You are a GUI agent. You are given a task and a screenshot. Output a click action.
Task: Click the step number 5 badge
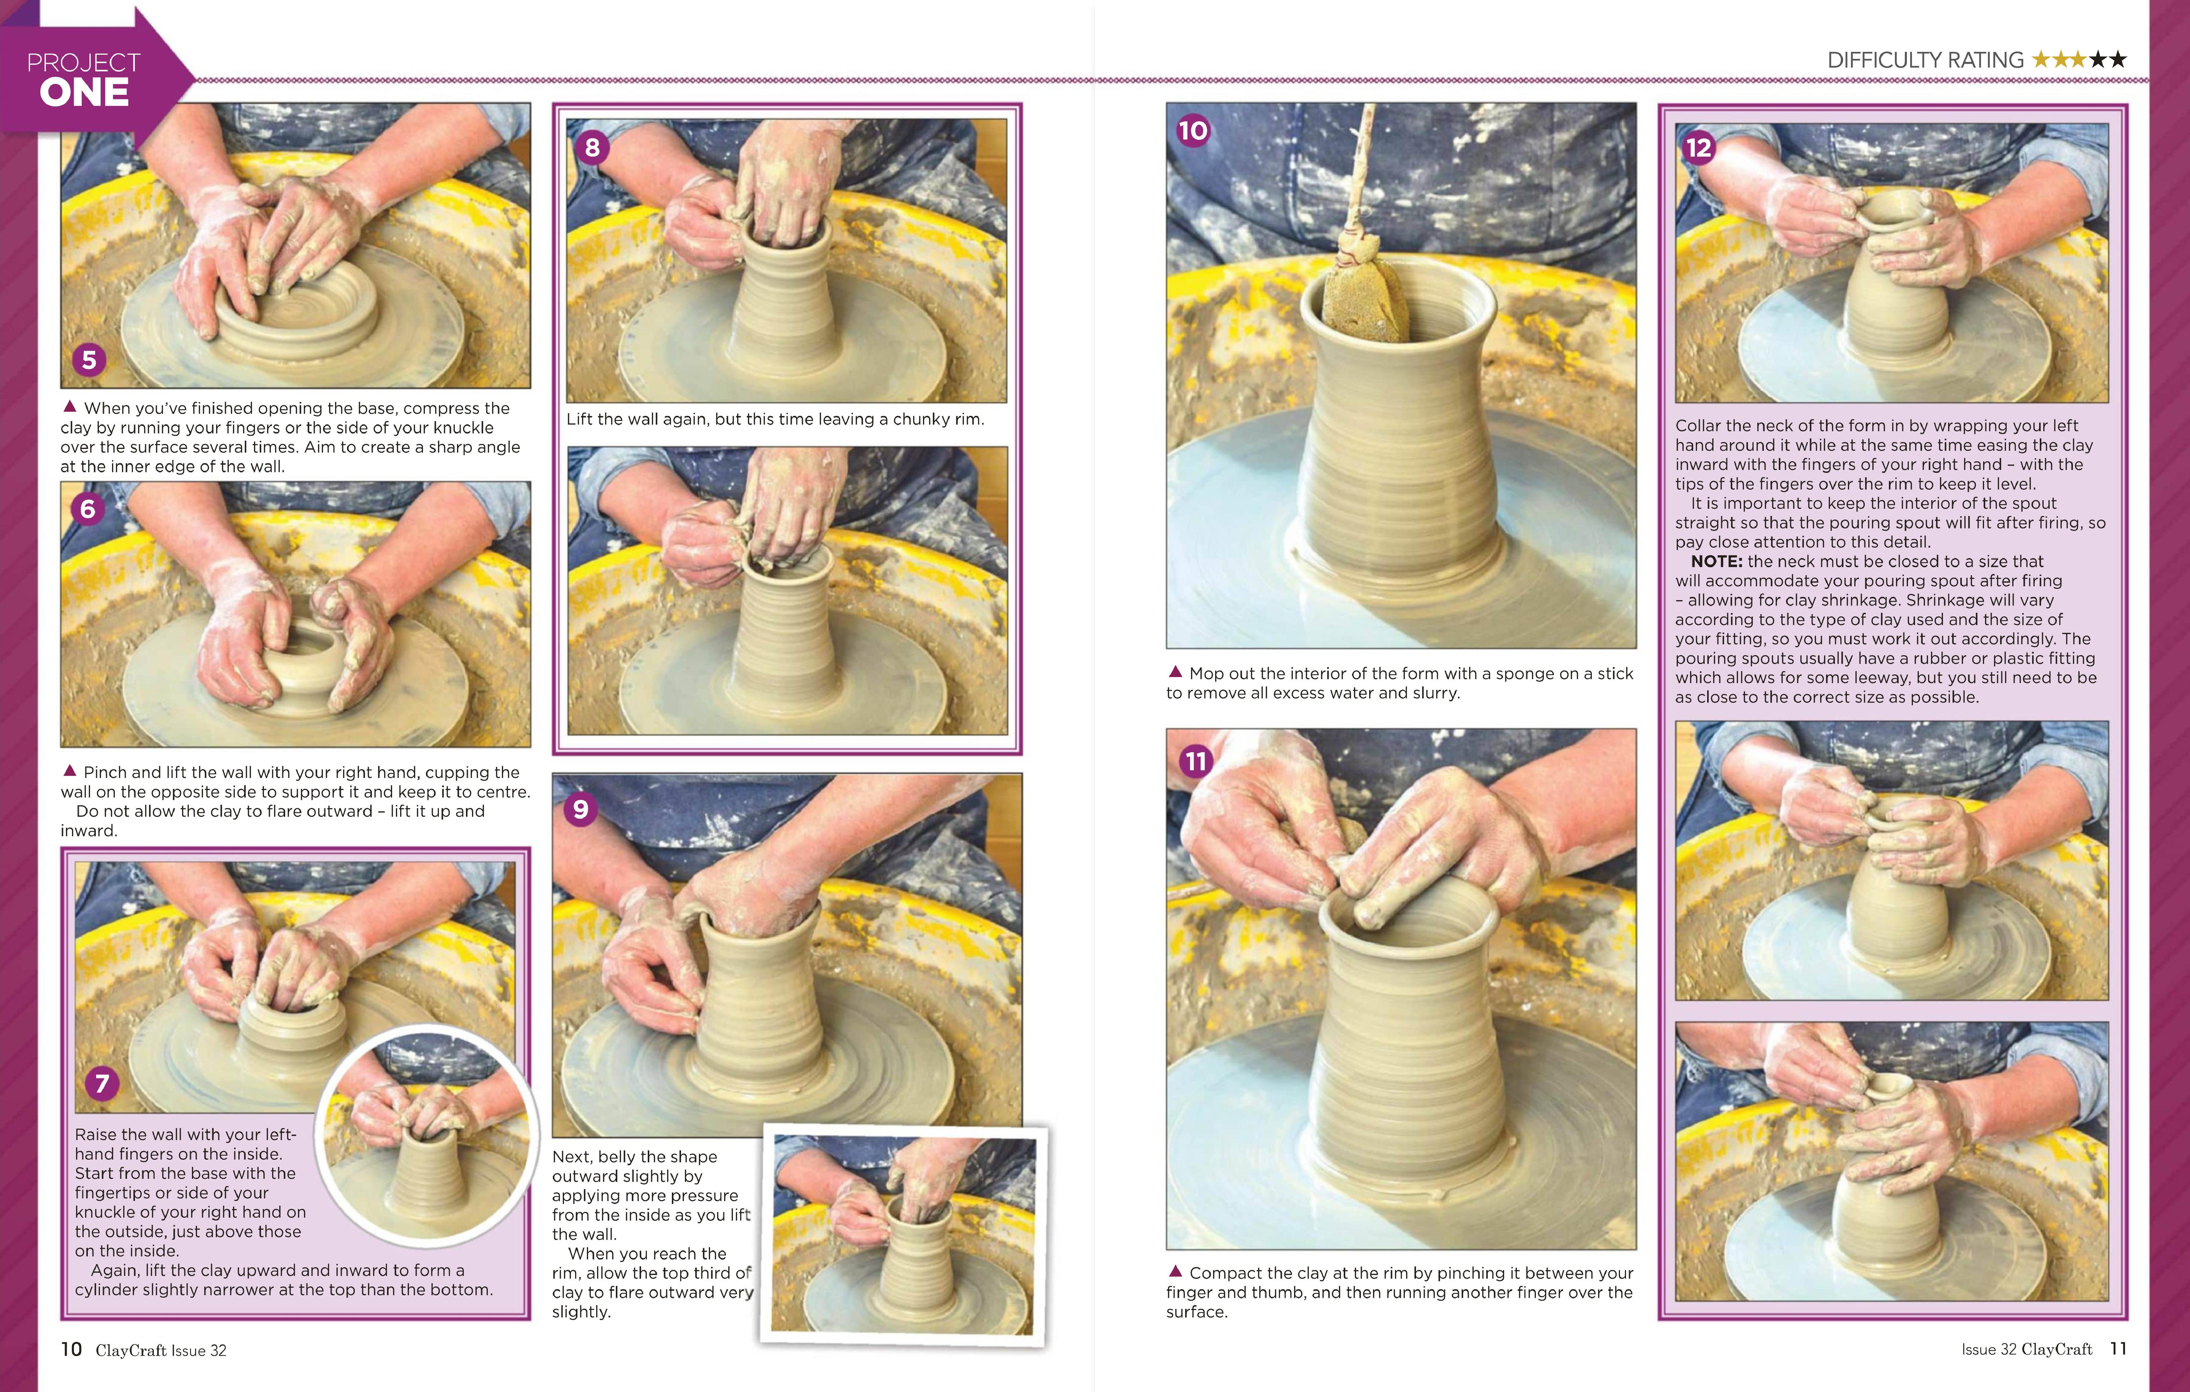click(89, 360)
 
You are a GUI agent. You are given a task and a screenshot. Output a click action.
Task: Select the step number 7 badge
click(102, 1083)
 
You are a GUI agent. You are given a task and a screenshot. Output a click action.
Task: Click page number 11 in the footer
click(2118, 1348)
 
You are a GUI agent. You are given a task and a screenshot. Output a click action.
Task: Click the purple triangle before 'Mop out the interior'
click(1175, 672)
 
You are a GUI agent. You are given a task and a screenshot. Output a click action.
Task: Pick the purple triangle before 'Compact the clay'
click(1175, 1271)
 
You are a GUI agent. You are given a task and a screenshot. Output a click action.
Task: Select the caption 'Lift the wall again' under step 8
click(775, 419)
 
